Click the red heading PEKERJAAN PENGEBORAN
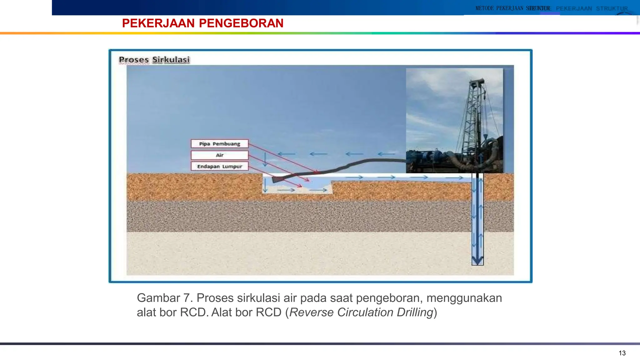202,23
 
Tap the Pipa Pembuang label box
219,144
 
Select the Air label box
219,155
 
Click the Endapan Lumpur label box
219,166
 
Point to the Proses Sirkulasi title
154,60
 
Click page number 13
622,353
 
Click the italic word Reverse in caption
311,312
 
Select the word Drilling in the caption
415,312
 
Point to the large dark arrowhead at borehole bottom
477,260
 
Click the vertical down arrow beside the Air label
265,159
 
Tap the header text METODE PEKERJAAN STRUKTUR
512,8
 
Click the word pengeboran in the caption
389,298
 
